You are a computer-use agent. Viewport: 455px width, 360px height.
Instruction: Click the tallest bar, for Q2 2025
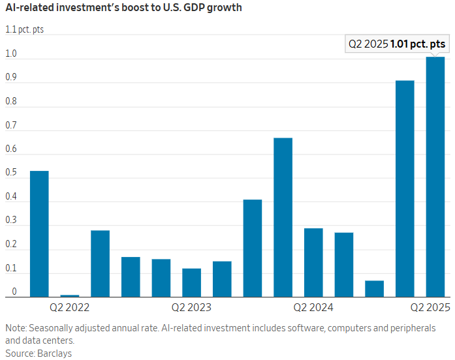[x=435, y=177]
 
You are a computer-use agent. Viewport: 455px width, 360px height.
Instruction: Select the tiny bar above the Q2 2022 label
[x=70, y=295]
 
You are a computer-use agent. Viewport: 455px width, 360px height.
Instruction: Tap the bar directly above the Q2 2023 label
[x=191, y=282]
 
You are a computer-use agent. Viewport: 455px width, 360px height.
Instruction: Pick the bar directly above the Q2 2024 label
[x=313, y=262]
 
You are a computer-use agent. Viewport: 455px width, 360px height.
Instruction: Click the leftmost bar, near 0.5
[x=39, y=233]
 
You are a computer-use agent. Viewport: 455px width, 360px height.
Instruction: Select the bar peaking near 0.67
[x=283, y=217]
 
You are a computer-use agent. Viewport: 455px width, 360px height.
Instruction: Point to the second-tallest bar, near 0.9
[x=405, y=188]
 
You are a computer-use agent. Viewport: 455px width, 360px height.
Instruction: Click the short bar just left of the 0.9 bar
[x=374, y=289]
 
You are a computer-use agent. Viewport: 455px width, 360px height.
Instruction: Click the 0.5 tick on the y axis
[x=10, y=172]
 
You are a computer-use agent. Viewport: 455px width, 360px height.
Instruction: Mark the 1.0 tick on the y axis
[x=10, y=53]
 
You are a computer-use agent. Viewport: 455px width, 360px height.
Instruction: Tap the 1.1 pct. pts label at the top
[x=24, y=29]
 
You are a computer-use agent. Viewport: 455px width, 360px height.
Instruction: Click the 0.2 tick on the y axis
[x=10, y=244]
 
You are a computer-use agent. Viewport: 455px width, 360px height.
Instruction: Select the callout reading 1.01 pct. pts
[x=398, y=44]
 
